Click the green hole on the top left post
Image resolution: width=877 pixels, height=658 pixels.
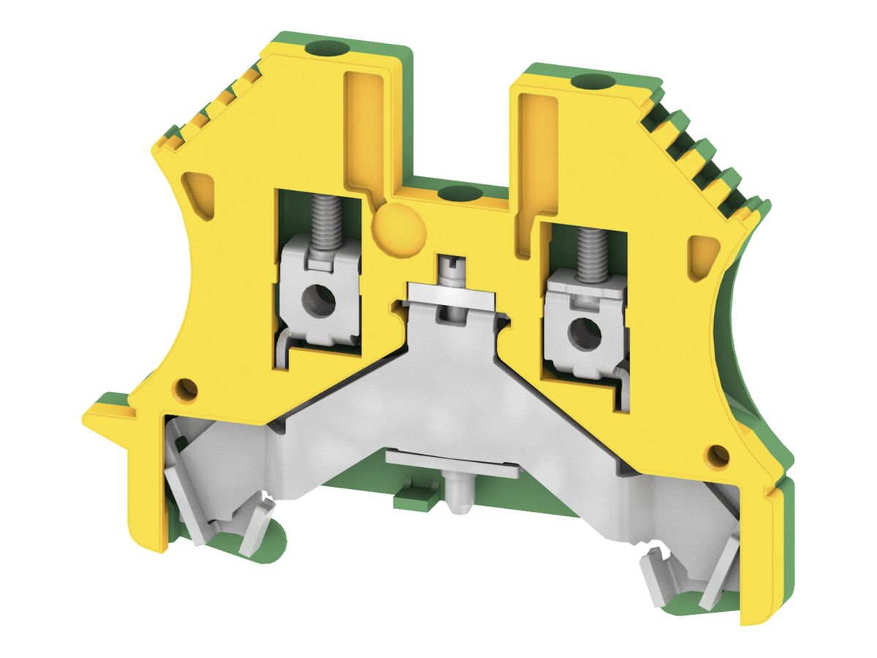(324, 50)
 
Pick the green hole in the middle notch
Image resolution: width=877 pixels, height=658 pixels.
(458, 194)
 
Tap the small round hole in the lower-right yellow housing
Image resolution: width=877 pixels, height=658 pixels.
(719, 454)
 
